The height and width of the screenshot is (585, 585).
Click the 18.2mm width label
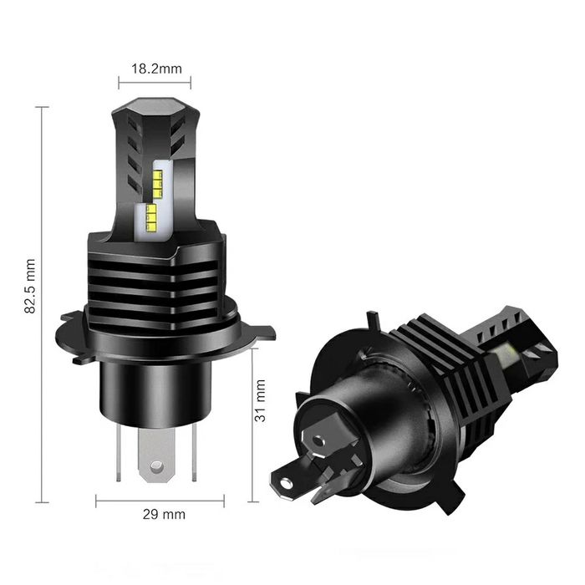155,69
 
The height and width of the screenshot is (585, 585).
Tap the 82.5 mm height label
31,286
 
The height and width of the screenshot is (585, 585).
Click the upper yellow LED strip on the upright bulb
157,177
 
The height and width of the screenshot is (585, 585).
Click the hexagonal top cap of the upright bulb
155,109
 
